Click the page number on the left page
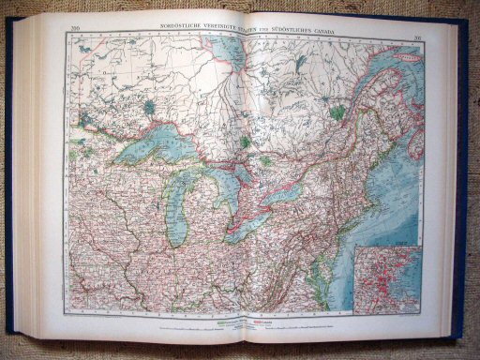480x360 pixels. point(75,34)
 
